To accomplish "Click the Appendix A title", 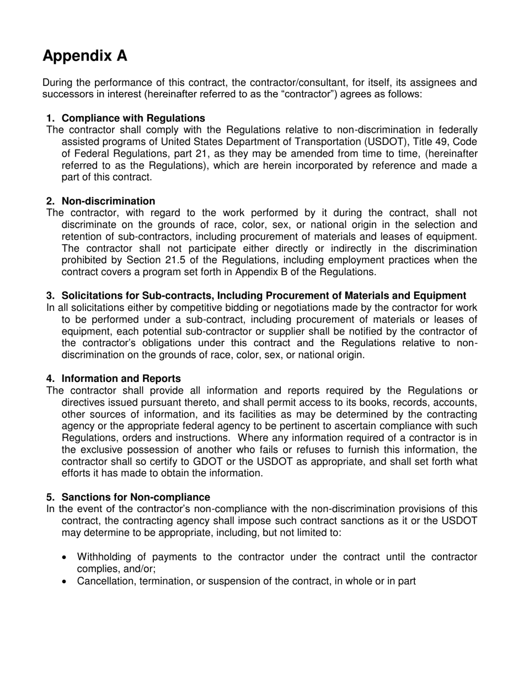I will point(85,56).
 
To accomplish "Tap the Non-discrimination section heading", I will point(108,201).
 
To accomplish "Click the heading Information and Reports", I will point(121,378).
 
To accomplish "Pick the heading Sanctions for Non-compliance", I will point(136,497).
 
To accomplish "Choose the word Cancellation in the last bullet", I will point(104,580).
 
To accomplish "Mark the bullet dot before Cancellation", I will point(66,581).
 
